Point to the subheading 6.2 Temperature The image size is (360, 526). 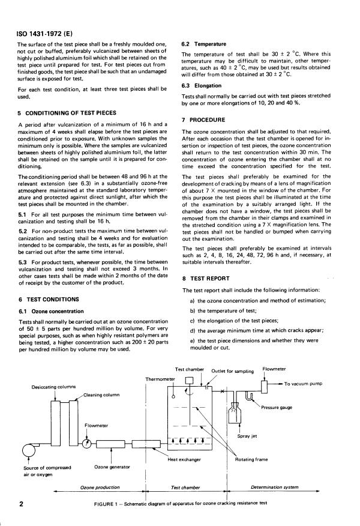pos(203,44)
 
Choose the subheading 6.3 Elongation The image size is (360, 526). pos(201,86)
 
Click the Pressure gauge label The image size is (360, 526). pos(277,407)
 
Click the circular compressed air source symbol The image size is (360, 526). pos(28,451)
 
